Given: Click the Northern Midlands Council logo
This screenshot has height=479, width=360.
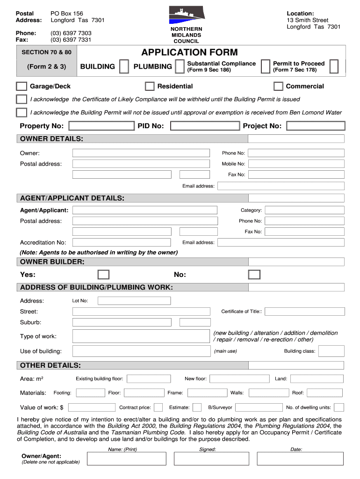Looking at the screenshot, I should coord(187,15).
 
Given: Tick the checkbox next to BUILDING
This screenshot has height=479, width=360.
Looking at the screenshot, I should coord(124,66).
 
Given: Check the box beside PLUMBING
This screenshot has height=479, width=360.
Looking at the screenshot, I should coord(179,66).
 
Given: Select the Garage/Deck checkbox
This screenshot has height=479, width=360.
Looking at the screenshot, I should coord(22,86).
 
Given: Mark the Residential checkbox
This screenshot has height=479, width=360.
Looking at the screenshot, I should coord(150,86).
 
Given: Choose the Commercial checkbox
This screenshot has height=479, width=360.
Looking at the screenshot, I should coord(278,86).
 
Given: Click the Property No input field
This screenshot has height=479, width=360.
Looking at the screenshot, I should coord(101,126).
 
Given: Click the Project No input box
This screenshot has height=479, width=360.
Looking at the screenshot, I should coord(316,126).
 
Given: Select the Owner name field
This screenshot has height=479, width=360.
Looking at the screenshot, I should coord(141,153).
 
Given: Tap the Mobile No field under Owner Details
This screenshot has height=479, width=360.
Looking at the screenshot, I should coord(296,164).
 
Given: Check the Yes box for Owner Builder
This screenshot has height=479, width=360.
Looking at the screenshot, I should coord(103,275).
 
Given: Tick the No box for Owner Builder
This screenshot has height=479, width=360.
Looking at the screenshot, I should coord(254,275).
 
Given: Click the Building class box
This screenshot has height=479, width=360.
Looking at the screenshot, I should coord(331,351).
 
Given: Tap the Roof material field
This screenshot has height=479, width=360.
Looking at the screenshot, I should coord(325,393).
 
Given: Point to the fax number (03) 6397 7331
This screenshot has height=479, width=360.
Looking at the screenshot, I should coord(71,40).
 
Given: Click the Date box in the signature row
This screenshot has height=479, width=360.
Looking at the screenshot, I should coord(296,459).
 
